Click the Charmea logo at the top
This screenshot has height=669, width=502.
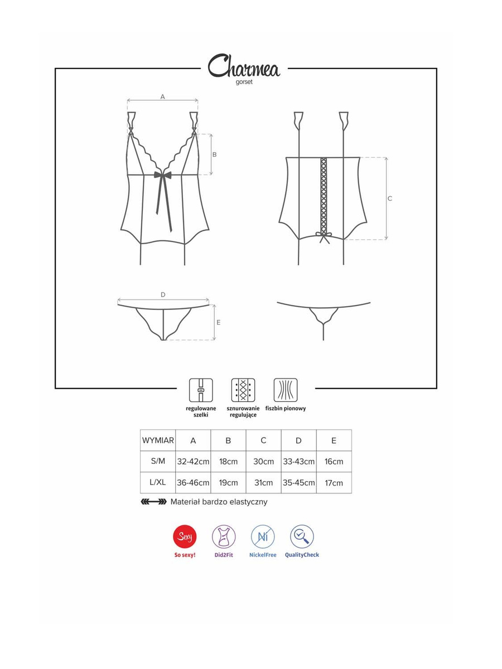tap(244, 66)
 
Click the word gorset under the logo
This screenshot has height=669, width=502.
tap(244, 83)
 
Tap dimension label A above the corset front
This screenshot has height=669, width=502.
tap(163, 96)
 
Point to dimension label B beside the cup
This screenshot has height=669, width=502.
tap(215, 154)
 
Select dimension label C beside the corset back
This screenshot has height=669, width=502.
tap(389, 198)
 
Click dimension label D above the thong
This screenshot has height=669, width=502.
tap(163, 295)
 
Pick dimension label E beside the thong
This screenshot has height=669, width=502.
tap(218, 322)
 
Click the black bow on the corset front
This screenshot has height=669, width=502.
tap(163, 176)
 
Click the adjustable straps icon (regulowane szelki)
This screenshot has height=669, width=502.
tap(201, 390)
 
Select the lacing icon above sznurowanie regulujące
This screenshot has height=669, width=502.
tap(243, 390)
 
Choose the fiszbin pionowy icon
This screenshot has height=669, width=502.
tap(285, 390)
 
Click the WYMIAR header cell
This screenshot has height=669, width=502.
tap(158, 440)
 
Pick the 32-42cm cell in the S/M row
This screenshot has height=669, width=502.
tap(193, 462)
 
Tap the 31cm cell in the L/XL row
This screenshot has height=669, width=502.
tap(264, 483)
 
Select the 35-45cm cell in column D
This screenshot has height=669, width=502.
tap(299, 483)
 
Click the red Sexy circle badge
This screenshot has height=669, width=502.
tap(185, 537)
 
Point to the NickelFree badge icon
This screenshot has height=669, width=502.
tap(263, 537)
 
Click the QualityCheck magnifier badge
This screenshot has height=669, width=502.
tap(302, 537)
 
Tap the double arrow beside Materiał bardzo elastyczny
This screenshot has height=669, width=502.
tap(153, 502)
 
